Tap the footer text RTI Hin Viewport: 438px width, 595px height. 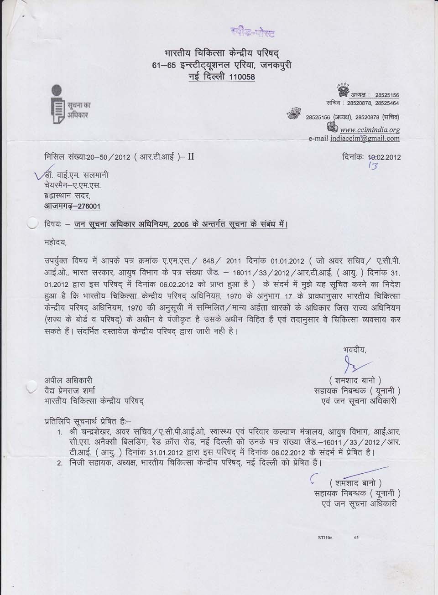325,538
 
